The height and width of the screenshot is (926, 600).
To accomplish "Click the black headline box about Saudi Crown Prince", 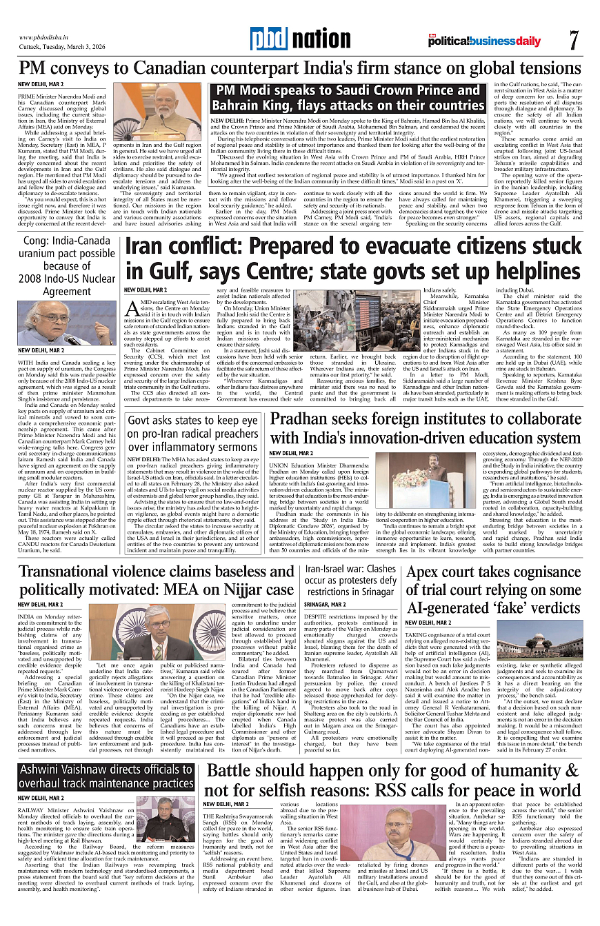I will click(x=348, y=98).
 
